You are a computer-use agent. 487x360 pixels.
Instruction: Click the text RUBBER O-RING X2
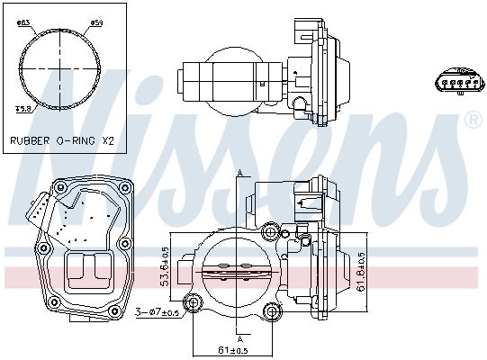[62, 141]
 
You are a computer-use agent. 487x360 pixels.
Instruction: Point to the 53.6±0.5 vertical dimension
[165, 265]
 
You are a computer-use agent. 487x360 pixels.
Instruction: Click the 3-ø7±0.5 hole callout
[157, 311]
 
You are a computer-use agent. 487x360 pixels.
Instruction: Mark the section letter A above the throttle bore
[240, 173]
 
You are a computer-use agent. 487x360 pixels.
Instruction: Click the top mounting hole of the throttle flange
[271, 232]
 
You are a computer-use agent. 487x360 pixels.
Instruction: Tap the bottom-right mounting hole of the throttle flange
[273, 311]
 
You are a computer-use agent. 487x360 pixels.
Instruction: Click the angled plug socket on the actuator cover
[37, 211]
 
